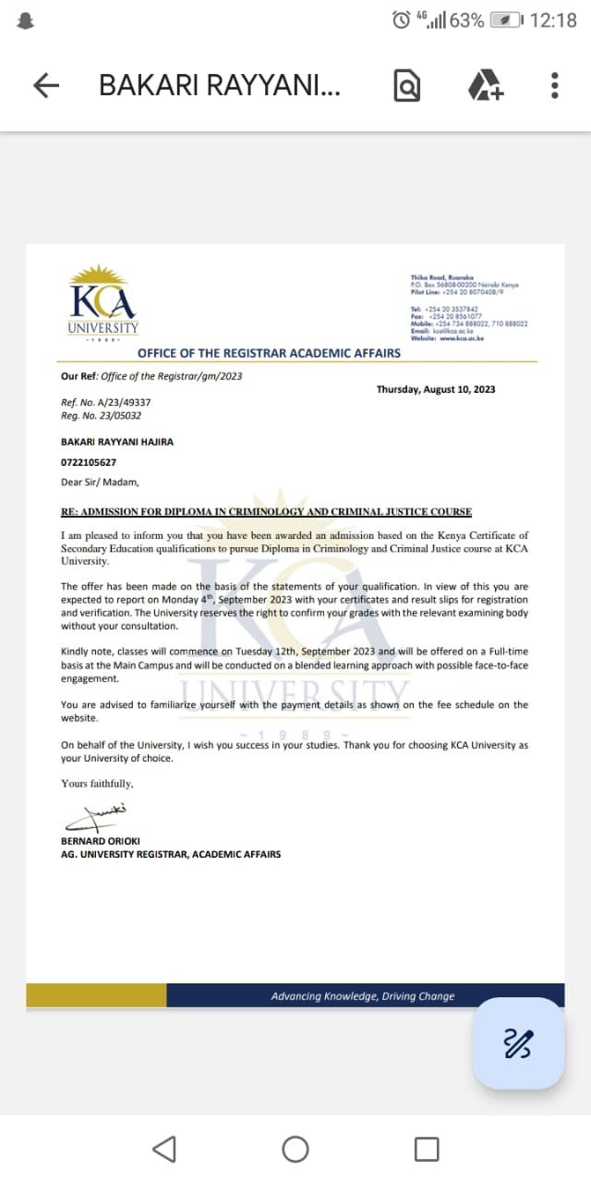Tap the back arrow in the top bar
(x=46, y=86)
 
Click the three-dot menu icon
(x=554, y=86)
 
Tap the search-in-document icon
(x=407, y=86)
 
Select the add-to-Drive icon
(x=485, y=86)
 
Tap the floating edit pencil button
(x=518, y=1043)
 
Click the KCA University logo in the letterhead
(x=103, y=302)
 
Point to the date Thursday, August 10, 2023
(x=435, y=390)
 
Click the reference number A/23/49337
(x=106, y=403)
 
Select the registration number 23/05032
(x=104, y=416)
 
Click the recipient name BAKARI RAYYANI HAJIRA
(x=117, y=442)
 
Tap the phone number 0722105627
(x=89, y=462)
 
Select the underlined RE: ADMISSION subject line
(x=266, y=512)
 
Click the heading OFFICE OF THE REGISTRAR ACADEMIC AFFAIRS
(x=269, y=353)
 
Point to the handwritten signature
(x=95, y=817)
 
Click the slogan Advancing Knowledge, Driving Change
(x=363, y=996)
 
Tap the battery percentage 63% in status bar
(x=466, y=20)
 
